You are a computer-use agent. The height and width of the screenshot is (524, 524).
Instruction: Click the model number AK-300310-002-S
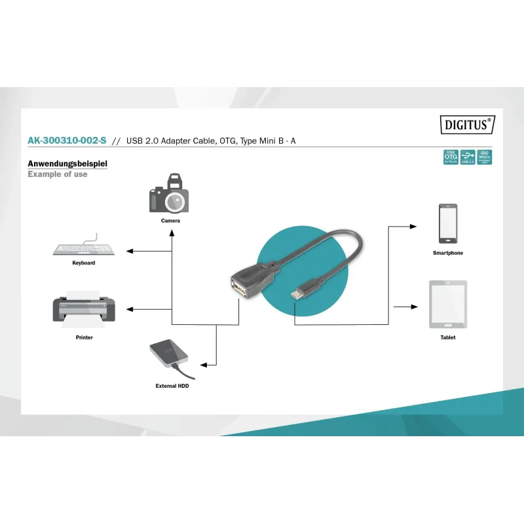tap(67, 141)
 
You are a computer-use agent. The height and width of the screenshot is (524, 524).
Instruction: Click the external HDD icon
tap(170, 358)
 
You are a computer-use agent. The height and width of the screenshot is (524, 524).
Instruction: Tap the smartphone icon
tap(448, 223)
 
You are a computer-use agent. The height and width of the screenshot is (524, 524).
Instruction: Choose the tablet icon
tap(448, 304)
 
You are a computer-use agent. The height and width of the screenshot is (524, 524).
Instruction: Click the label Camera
tap(170, 221)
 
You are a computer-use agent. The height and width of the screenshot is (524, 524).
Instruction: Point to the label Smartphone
tap(448, 253)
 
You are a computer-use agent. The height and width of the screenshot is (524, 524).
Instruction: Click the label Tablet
tap(448, 337)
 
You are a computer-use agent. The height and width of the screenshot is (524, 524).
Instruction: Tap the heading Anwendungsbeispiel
tap(67, 164)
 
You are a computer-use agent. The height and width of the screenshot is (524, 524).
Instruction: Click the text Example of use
tap(58, 174)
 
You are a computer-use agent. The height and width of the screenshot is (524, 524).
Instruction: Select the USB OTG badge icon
tap(451, 157)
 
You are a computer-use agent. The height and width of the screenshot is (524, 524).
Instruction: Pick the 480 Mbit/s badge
tap(485, 157)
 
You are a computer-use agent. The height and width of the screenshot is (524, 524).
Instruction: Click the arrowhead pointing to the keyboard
tap(129, 251)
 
